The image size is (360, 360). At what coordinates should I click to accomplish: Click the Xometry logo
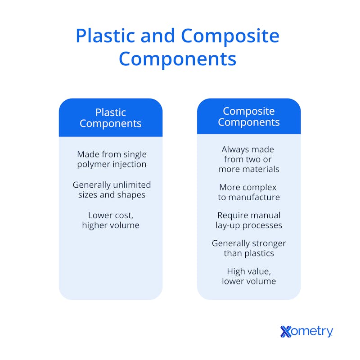[x=306, y=331]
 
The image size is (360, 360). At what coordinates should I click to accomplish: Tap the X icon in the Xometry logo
[x=286, y=332]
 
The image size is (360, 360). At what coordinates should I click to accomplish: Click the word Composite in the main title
[x=230, y=36]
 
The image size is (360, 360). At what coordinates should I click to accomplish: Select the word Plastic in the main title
[x=105, y=36]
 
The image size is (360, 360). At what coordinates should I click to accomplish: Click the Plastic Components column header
[x=111, y=118]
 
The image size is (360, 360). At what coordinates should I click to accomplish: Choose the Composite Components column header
[x=249, y=117]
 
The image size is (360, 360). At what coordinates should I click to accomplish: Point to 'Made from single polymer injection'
[x=112, y=159]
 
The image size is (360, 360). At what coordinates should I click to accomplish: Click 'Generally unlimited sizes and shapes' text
[x=112, y=189]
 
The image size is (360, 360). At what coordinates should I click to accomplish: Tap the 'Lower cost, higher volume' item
[x=111, y=220]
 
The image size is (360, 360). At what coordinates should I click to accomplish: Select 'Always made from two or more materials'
[x=249, y=159]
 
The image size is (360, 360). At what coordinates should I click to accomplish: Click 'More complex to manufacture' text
[x=249, y=192]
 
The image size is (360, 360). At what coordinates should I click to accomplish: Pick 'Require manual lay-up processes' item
[x=249, y=220]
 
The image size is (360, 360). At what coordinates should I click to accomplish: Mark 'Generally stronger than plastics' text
[x=249, y=248]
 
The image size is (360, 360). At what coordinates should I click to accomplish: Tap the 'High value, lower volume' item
[x=249, y=276]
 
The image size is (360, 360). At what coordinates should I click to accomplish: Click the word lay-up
[x=228, y=226]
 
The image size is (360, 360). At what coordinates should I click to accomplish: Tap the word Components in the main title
[x=177, y=59]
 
